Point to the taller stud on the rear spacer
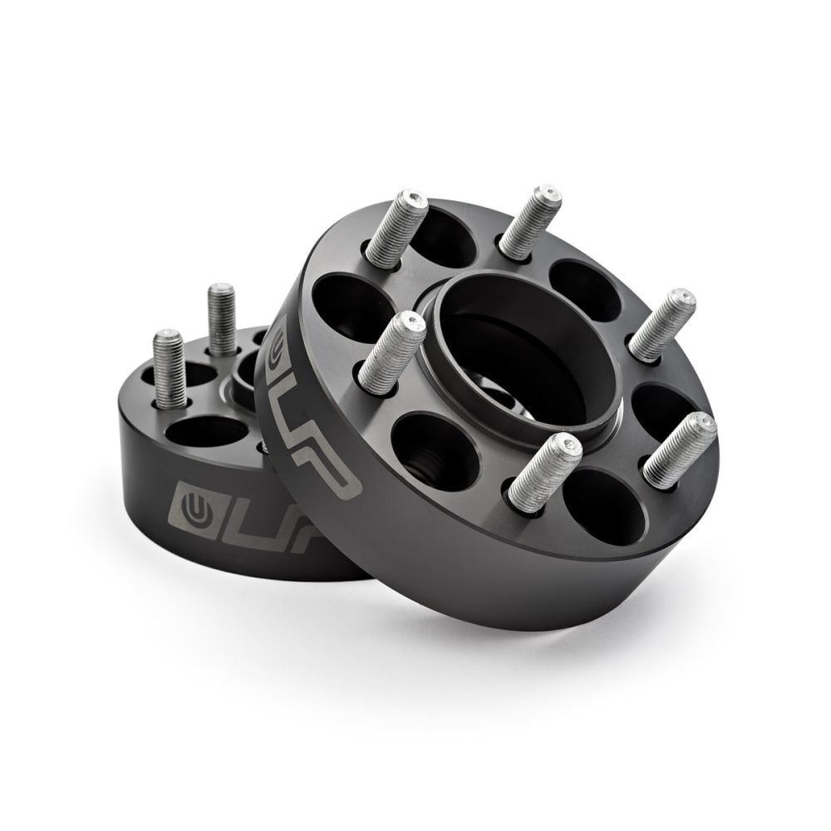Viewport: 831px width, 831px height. pos(222,319)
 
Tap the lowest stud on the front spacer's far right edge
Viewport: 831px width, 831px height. pos(680,450)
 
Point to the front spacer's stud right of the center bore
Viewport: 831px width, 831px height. pos(661,325)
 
